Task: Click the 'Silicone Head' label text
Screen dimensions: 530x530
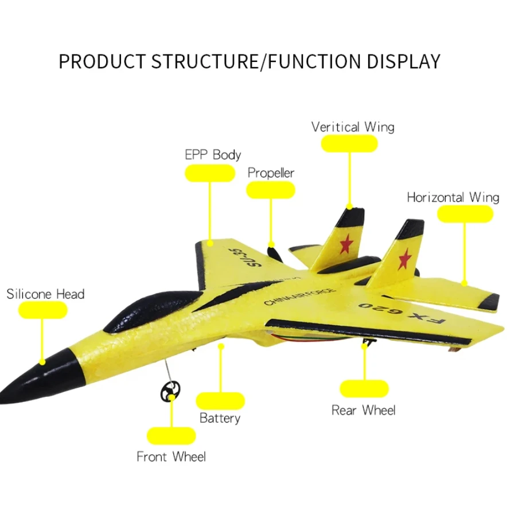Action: (x=45, y=294)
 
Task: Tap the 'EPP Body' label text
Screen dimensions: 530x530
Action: (x=212, y=155)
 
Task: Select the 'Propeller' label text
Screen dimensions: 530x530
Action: (x=271, y=173)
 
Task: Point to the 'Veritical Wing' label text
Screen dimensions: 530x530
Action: (x=353, y=127)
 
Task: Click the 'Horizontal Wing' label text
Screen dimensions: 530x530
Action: (x=453, y=197)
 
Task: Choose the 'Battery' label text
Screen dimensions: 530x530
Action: (x=220, y=418)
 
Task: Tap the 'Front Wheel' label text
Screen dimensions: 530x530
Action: (x=171, y=457)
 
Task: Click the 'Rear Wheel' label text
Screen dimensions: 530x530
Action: (x=364, y=410)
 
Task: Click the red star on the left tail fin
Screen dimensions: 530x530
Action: (x=345, y=244)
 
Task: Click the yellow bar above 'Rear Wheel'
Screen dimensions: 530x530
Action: (x=364, y=388)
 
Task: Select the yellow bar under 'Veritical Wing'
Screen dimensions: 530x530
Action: (x=349, y=144)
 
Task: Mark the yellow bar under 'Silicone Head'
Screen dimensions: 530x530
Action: (x=43, y=310)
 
